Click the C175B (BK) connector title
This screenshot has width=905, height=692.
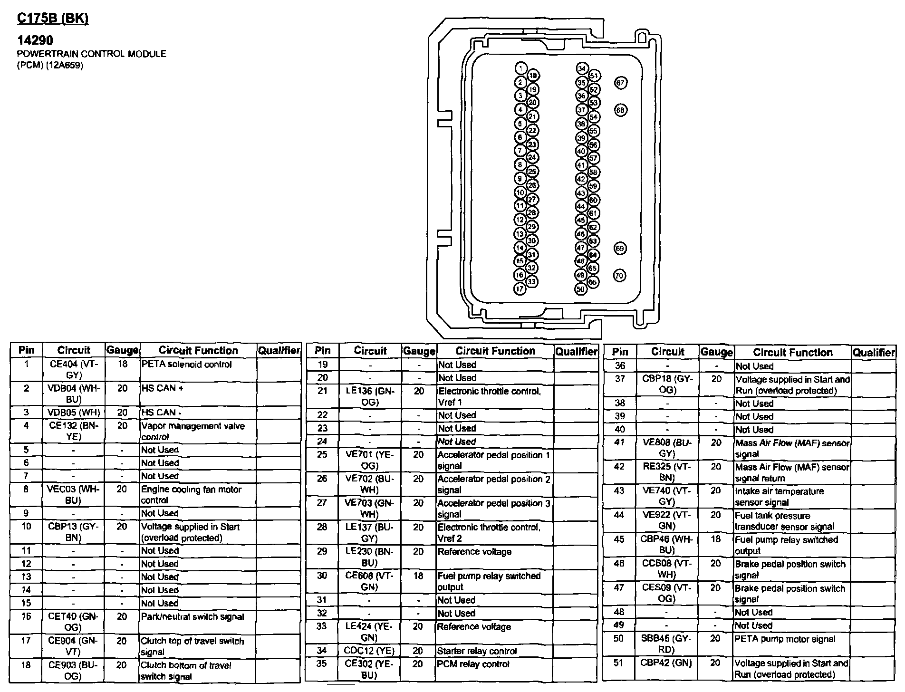click(x=52, y=19)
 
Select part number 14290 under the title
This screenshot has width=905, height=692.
click(x=35, y=41)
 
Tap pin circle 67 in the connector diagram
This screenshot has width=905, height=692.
click(x=620, y=83)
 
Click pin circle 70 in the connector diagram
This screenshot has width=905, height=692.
click(x=619, y=275)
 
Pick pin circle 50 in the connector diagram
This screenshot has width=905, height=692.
click(x=580, y=288)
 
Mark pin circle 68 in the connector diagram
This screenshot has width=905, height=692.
click(x=620, y=110)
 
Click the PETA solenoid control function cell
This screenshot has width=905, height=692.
click(x=186, y=365)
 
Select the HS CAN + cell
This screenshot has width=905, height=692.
click(x=162, y=388)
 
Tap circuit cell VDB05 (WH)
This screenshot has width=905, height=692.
click(x=73, y=413)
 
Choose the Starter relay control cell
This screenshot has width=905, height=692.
click(x=477, y=651)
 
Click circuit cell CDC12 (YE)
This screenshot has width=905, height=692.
click(x=370, y=651)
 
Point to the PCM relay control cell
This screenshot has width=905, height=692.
click(x=473, y=664)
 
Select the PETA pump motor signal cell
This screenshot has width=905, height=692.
click(x=785, y=639)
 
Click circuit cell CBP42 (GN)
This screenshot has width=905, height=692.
click(x=667, y=663)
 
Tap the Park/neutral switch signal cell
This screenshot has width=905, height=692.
click(x=192, y=617)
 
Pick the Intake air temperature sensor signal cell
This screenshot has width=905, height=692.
click(x=779, y=497)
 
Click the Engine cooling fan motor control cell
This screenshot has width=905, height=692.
click(x=191, y=494)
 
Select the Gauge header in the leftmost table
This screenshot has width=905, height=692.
click(x=122, y=350)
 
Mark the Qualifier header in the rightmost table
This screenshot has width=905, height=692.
click(x=874, y=352)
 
